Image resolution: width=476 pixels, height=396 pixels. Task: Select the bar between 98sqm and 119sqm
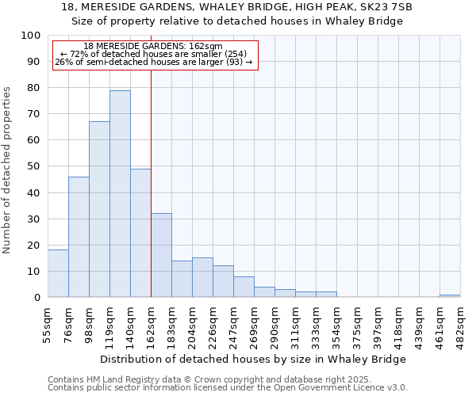99,209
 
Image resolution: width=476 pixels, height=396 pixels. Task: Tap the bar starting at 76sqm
79,237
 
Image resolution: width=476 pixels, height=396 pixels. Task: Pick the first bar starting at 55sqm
58,273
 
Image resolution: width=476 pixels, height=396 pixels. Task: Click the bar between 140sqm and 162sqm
140,233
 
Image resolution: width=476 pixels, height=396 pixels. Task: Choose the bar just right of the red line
161,255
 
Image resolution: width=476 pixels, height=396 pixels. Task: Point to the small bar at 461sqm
450,295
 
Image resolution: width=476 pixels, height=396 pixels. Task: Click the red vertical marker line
151,182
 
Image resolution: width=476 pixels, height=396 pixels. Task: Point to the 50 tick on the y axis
35,166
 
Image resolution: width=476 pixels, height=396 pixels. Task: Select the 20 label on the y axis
35,245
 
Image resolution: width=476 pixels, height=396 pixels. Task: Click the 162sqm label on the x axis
151,323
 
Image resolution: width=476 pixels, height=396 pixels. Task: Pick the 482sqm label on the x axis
460,323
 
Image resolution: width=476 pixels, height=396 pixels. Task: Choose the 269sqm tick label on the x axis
254,323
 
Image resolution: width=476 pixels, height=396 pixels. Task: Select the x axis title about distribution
254,359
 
